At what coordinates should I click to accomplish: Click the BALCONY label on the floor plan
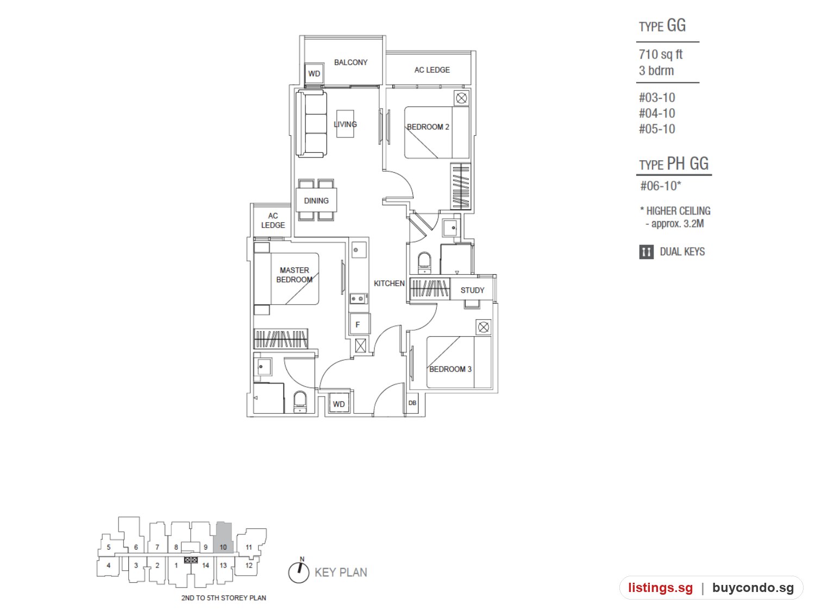click(x=350, y=62)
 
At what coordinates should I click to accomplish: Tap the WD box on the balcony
click(x=314, y=73)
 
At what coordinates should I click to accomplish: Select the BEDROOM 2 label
click(x=428, y=127)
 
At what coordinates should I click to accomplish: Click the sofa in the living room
click(x=311, y=124)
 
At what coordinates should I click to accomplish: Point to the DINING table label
click(x=316, y=201)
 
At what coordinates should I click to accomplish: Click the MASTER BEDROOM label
click(x=294, y=275)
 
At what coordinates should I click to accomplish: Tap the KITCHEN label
click(x=388, y=284)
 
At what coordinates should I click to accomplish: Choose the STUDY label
click(x=472, y=290)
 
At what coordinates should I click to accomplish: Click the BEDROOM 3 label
click(x=450, y=369)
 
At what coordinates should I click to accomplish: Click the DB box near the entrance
click(x=412, y=403)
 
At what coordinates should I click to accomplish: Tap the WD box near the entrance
click(x=338, y=404)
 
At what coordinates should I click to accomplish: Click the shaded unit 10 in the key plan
click(x=223, y=538)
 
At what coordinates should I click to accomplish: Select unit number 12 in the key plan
click(x=249, y=565)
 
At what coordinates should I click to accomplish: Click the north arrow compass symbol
click(x=298, y=572)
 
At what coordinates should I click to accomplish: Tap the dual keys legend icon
click(x=646, y=252)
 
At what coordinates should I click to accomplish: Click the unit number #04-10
click(x=656, y=113)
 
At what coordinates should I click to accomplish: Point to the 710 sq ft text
click(x=660, y=54)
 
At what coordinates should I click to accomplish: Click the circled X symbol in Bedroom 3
click(x=483, y=327)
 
